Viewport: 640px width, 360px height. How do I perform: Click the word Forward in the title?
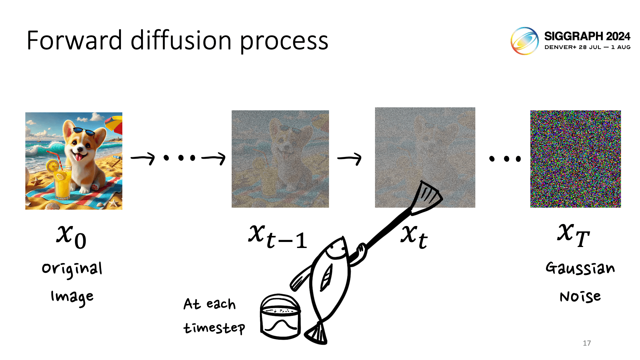[74, 40]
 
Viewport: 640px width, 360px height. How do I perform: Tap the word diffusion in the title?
[181, 40]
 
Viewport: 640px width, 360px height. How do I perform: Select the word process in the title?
[284, 43]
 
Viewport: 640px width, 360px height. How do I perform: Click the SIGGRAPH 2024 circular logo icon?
[525, 41]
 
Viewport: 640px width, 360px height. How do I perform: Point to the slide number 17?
[587, 343]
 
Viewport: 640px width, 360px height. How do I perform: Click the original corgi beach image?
[74, 161]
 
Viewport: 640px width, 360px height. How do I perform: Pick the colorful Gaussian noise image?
[576, 159]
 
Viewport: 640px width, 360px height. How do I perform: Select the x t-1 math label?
[278, 237]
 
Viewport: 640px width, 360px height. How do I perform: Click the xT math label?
[574, 235]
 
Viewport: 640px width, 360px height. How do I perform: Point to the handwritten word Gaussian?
[580, 268]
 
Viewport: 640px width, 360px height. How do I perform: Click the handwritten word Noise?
[580, 296]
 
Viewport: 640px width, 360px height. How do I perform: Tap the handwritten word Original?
[72, 269]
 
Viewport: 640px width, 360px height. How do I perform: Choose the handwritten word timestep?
[214, 328]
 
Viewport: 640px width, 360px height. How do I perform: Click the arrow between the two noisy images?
[349, 158]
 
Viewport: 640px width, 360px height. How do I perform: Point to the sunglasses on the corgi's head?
[84, 131]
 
